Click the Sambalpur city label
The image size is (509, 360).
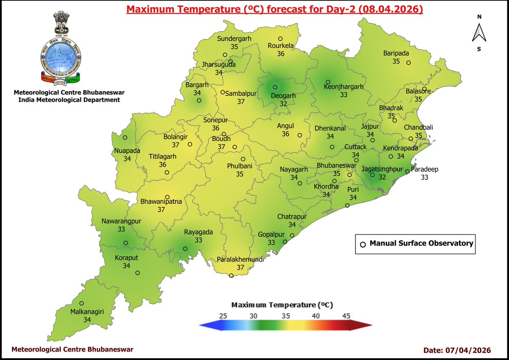point(241,94)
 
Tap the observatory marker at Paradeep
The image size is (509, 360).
point(407,172)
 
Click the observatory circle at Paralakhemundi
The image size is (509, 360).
point(231,276)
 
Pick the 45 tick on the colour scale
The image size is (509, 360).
point(346,316)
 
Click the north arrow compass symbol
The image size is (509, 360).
point(479,32)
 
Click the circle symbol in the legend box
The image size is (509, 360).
point(363,244)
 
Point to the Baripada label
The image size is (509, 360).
point(396,53)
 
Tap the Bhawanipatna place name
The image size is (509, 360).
point(161,202)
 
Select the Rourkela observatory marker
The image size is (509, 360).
point(280,39)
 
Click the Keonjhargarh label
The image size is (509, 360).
point(344,87)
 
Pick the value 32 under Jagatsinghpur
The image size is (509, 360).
point(382,177)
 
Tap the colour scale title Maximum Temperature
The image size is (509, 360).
point(282,305)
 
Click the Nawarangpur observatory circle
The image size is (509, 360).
point(126,243)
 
